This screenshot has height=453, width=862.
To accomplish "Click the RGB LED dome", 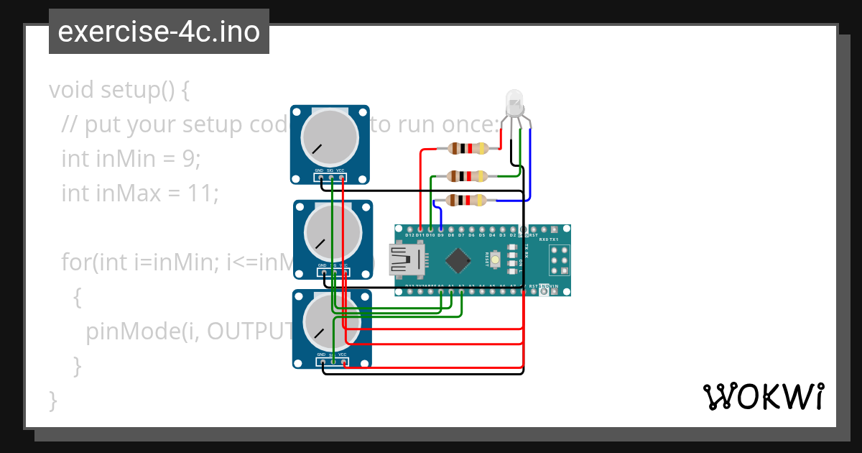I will click(x=514, y=101).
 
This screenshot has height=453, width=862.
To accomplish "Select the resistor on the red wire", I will click(x=468, y=149).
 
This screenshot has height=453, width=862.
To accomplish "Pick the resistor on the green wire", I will click(x=468, y=175).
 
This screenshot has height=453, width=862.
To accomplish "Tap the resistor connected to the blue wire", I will click(x=468, y=201).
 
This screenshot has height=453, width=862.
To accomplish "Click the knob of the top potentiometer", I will click(x=330, y=137).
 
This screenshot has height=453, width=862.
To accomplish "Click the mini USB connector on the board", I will click(x=406, y=260).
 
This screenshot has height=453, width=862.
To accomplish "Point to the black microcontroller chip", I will click(x=458, y=260).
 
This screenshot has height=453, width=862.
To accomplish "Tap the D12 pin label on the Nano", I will click(x=409, y=235).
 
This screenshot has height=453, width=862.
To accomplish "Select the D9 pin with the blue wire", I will click(x=440, y=230).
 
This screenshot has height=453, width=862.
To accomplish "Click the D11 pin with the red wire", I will click(x=420, y=230).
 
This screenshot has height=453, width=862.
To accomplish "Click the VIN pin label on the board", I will click(x=554, y=287).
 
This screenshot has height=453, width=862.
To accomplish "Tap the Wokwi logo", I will click(x=763, y=397).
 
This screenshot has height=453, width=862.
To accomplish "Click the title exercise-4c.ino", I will click(x=159, y=32).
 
